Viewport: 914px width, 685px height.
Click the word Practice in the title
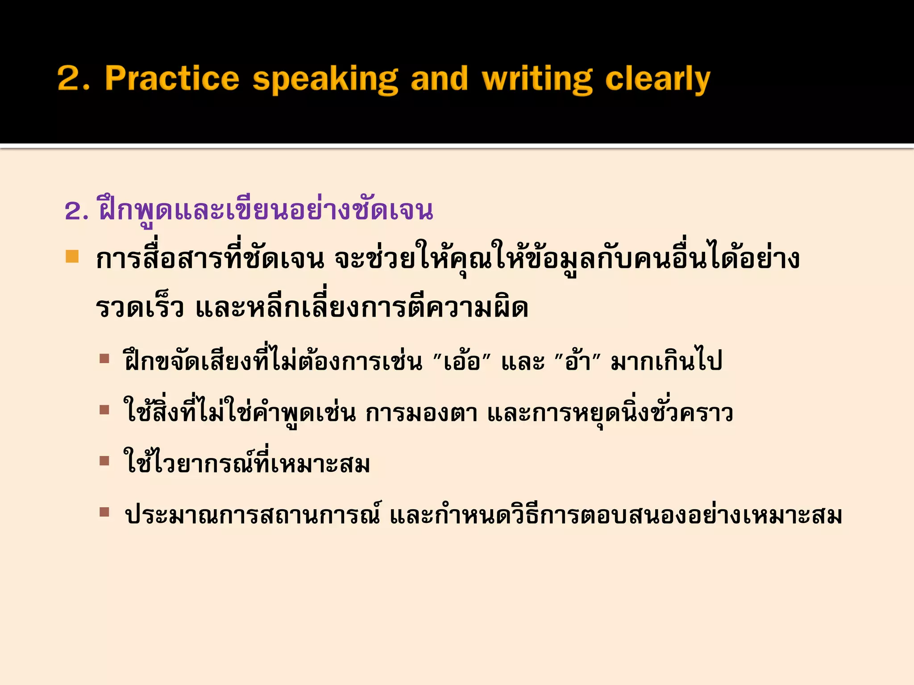click(x=172, y=78)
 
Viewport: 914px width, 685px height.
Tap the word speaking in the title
click(x=325, y=79)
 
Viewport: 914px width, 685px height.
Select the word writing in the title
click(x=537, y=79)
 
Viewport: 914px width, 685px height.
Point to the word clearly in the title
click(x=657, y=79)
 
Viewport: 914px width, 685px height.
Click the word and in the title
click(x=439, y=78)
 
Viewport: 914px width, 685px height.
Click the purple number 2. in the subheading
click(x=77, y=211)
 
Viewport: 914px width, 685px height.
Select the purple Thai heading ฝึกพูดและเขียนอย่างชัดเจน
click(x=266, y=210)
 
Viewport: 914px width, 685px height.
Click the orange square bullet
click(x=72, y=256)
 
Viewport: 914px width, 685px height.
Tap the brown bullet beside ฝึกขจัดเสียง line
click(x=104, y=359)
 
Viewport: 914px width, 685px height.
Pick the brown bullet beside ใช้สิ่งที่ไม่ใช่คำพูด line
click(x=104, y=410)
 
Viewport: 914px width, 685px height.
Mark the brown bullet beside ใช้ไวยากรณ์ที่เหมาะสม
click(x=104, y=461)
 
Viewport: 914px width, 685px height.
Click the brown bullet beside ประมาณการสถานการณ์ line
click(x=104, y=512)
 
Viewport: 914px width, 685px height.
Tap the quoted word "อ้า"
click(x=577, y=361)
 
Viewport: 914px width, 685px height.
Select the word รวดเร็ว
click(x=140, y=308)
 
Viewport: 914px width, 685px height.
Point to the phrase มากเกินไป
click(x=666, y=361)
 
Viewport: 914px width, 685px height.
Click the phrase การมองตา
click(x=421, y=413)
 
